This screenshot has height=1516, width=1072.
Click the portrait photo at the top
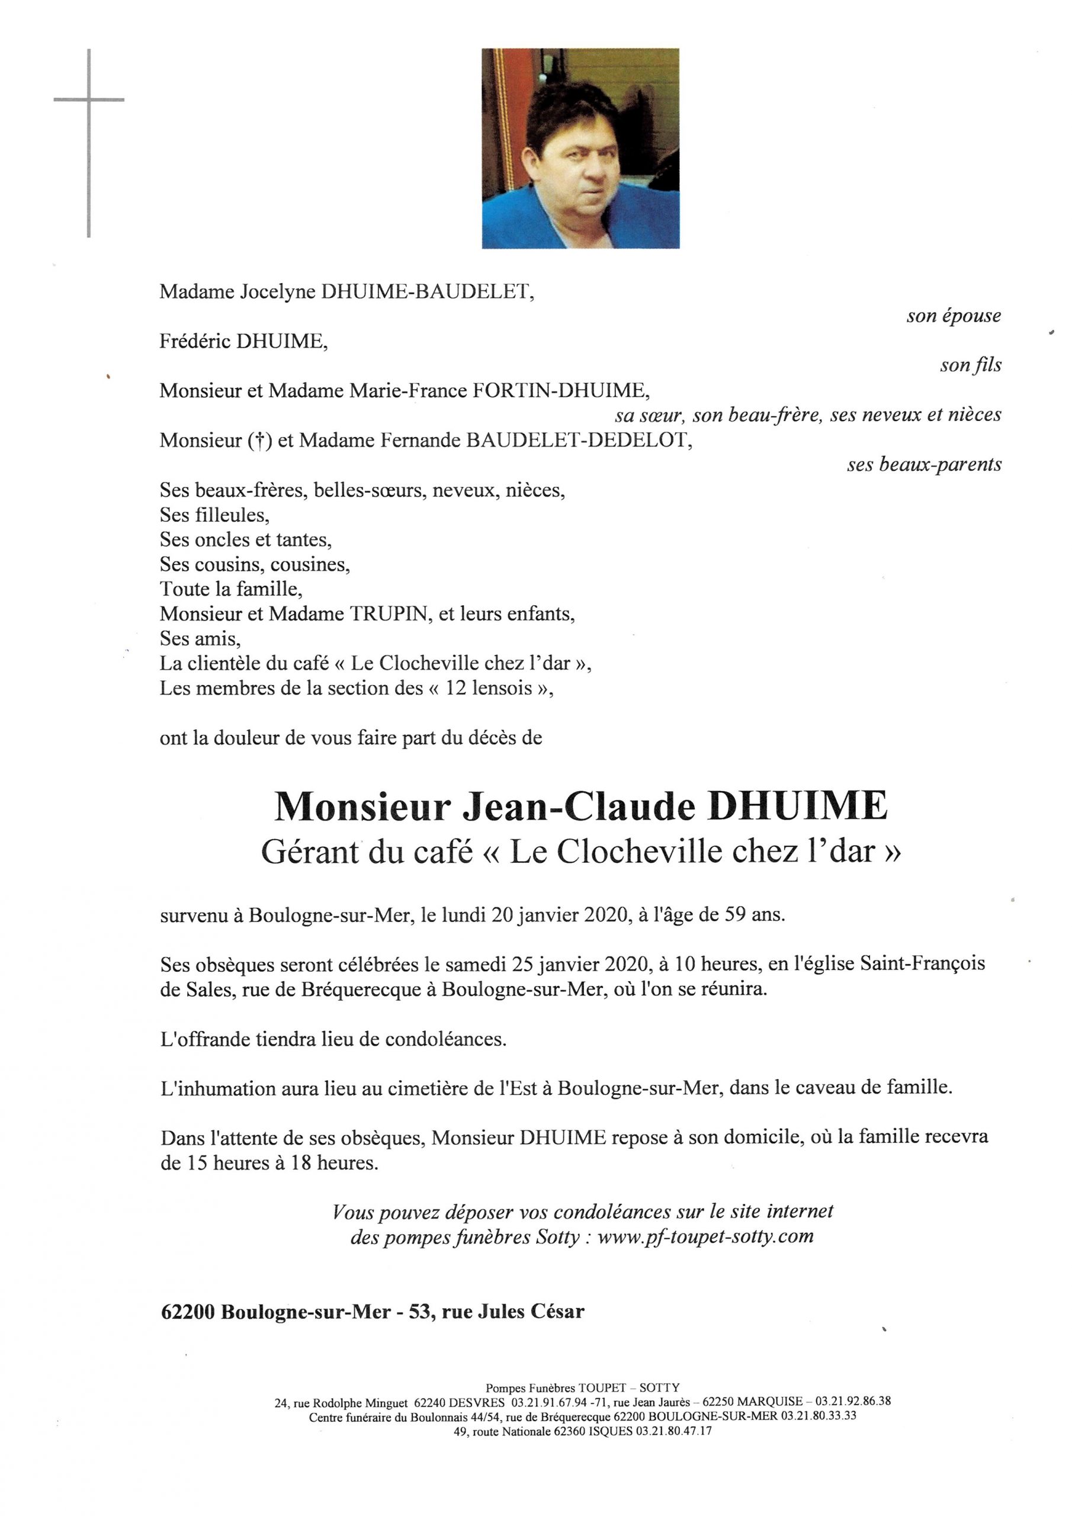580,149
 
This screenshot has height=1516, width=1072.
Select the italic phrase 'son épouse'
953,316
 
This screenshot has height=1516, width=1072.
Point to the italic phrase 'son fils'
970,366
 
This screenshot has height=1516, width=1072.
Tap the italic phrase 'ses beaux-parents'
923,465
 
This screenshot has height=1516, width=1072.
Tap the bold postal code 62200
188,1312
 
